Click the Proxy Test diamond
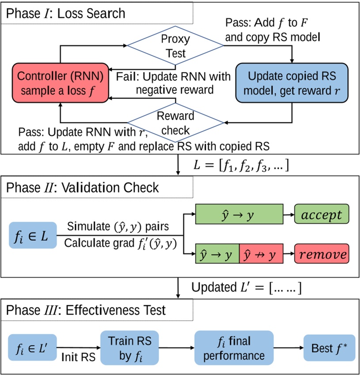coord(176,45)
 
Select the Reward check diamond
coord(176,123)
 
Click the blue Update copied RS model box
coord(292,83)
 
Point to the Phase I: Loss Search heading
coord(65,13)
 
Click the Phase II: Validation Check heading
coord(83,187)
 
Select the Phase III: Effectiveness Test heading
coord(86,310)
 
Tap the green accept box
coord(321,215)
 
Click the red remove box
coord(321,255)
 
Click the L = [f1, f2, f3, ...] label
coord(242,166)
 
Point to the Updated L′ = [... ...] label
coord(246,288)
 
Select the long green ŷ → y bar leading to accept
coord(239,215)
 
